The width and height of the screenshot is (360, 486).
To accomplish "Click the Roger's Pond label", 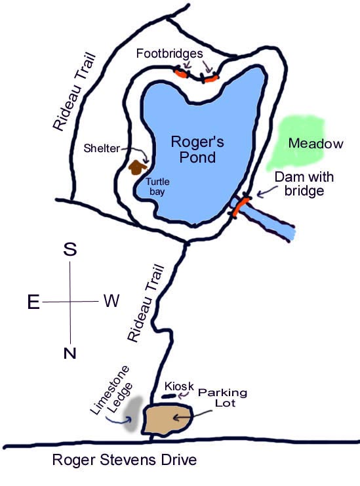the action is (197, 150).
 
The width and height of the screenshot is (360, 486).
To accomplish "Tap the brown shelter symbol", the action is (137, 168).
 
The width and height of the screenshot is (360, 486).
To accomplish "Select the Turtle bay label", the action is (157, 186).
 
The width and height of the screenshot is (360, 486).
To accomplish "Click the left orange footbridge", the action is (181, 73).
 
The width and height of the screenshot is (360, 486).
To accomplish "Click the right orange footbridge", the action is (210, 78).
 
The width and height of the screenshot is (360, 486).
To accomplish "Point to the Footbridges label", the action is (169, 54).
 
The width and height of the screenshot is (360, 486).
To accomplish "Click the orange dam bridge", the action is (241, 207).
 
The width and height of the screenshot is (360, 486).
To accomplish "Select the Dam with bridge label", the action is (304, 184).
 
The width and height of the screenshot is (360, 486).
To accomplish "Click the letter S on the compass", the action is (70, 249).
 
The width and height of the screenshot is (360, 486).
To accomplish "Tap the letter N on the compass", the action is (70, 353).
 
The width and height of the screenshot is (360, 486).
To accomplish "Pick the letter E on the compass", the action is (33, 302).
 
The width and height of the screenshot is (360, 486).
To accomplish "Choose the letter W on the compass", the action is (111, 300).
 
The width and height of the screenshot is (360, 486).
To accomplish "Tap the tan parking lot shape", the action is (167, 420).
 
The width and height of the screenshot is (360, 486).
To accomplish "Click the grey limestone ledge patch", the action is (133, 414).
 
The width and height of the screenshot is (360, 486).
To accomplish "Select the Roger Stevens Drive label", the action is (125, 460).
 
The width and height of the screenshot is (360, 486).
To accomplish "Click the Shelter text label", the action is (102, 148).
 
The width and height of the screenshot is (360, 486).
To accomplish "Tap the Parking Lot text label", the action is (222, 397).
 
